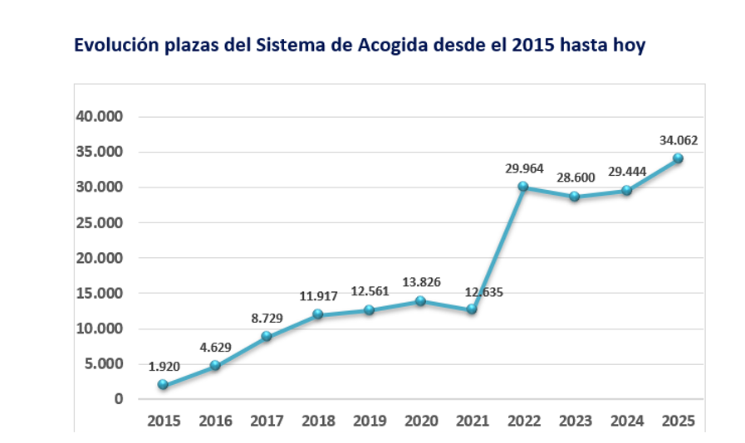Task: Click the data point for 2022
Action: [x=523, y=187]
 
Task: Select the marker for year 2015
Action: [x=163, y=385]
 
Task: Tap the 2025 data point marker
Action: [x=678, y=158]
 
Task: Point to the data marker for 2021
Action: [x=472, y=309]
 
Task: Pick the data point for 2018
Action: [x=317, y=314]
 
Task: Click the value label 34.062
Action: [x=678, y=140]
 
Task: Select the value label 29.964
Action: [x=523, y=168]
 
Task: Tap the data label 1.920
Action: [x=163, y=366]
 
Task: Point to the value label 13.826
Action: [x=420, y=283]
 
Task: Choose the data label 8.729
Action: [x=266, y=319]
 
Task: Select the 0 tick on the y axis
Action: [x=119, y=399]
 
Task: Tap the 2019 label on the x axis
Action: [x=369, y=421]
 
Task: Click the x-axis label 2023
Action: [x=575, y=421]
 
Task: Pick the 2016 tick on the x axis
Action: [x=214, y=421]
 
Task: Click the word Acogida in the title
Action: [x=390, y=46]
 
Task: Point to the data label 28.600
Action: [x=575, y=178]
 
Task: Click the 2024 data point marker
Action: [x=626, y=191]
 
